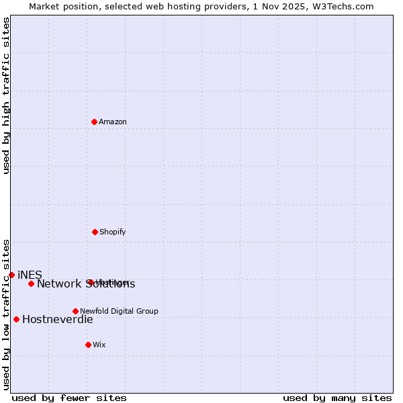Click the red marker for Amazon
pyautogui.click(x=94, y=122)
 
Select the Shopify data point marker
pyautogui.click(x=95, y=232)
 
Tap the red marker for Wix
pyautogui.click(x=88, y=345)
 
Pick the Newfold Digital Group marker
pyautogui.click(x=75, y=311)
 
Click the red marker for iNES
pyautogui.click(x=11, y=275)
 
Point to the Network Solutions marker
pyautogui.click(x=31, y=283)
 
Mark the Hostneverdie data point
pyautogui.click(x=16, y=319)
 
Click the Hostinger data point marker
pyautogui.click(x=89, y=282)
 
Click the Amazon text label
pyautogui.click(x=113, y=122)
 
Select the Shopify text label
pyautogui.click(x=112, y=232)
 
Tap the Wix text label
pyautogui.click(x=99, y=345)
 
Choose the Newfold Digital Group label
pyautogui.click(x=119, y=312)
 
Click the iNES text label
pyautogui.click(x=30, y=275)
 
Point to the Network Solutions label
pyautogui.click(x=85, y=284)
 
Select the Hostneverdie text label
pyautogui.click(x=57, y=320)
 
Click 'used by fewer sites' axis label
pyautogui.click(x=69, y=398)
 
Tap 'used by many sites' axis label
pyautogui.click(x=337, y=398)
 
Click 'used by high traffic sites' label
pyautogui.click(x=6, y=96)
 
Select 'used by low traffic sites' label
pyautogui.click(x=6, y=314)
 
